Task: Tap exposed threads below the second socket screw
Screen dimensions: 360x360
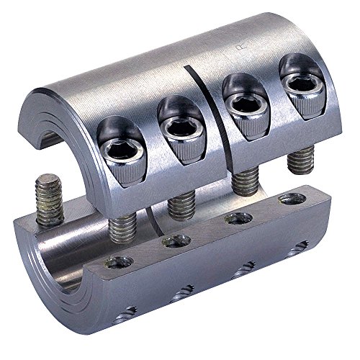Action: tap(179, 205)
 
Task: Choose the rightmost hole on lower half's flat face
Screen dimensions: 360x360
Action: tap(292, 198)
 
